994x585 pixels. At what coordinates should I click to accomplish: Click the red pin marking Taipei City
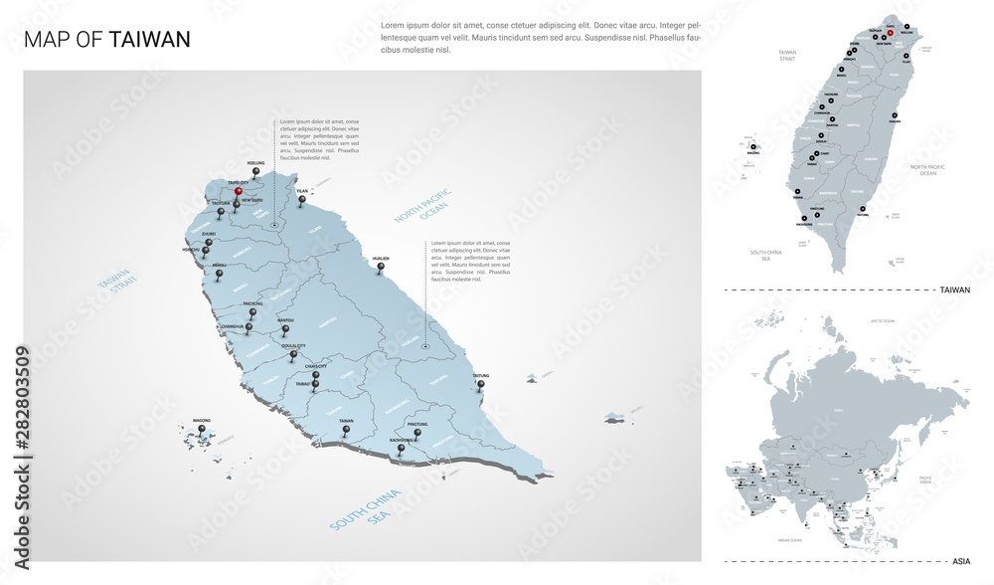[239, 192]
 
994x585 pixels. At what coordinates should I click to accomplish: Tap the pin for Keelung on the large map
[256, 172]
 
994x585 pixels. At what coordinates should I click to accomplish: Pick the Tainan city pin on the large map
[346, 430]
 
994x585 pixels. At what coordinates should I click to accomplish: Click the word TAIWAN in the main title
[150, 39]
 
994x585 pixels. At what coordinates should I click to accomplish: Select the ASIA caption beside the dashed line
[961, 562]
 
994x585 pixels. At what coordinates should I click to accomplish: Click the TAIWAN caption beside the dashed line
[954, 290]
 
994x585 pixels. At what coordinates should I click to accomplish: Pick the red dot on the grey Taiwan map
[891, 33]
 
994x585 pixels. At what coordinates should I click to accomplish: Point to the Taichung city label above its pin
[252, 303]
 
